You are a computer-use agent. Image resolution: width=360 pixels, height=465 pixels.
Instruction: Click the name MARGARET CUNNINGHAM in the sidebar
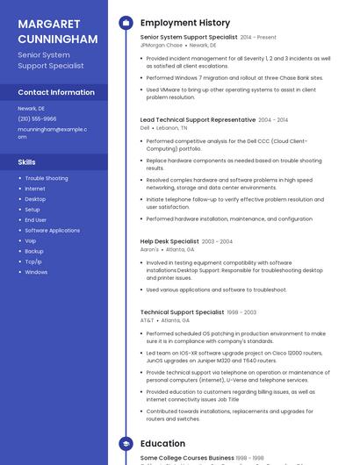point(57,32)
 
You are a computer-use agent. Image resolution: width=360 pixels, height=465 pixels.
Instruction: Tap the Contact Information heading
point(56,92)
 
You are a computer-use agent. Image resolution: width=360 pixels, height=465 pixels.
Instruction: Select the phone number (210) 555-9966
point(37,118)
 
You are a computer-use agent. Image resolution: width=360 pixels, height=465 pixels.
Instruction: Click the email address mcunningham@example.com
point(52,132)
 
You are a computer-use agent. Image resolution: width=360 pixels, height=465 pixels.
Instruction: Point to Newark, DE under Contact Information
point(32,108)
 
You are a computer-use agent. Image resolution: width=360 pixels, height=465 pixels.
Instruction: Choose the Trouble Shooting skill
point(47,178)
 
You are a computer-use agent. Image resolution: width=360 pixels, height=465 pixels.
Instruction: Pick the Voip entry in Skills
point(31,240)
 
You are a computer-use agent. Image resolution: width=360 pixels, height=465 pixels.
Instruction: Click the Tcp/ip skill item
point(33,261)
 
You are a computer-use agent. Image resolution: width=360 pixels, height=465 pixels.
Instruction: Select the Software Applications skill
point(52,230)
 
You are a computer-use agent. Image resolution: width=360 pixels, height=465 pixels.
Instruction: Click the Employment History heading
point(185,23)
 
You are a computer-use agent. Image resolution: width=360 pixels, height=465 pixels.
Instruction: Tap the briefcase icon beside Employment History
point(126,23)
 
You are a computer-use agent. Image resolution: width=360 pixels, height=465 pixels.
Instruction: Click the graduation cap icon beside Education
point(126,444)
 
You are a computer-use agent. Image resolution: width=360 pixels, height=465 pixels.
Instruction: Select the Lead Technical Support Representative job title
point(198,119)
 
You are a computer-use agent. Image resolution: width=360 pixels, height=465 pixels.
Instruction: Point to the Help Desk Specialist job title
point(169,241)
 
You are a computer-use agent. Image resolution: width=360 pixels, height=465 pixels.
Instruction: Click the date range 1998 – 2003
point(241,312)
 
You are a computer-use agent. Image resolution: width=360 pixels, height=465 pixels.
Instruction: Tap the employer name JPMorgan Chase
point(162,45)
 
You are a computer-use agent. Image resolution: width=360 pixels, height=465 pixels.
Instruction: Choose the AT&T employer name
point(147,320)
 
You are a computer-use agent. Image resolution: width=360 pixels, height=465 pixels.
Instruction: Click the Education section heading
point(162,444)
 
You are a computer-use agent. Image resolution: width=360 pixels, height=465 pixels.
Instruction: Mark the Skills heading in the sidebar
point(27,162)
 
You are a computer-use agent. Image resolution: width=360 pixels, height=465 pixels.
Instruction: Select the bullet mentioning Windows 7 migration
point(234,77)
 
